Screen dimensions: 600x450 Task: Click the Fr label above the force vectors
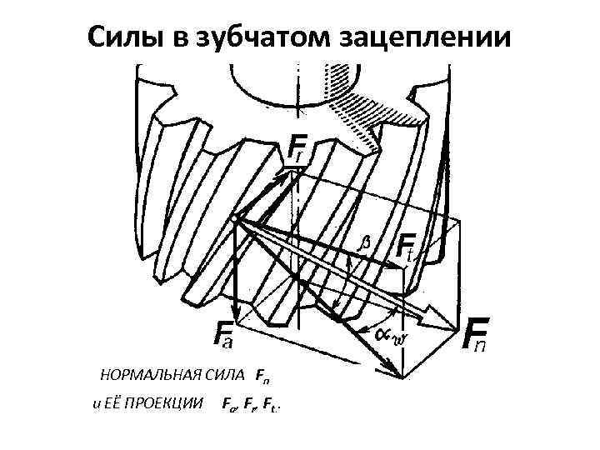click(x=298, y=150)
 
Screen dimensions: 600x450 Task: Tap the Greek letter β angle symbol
click(x=363, y=243)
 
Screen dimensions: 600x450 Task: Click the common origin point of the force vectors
click(x=237, y=218)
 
